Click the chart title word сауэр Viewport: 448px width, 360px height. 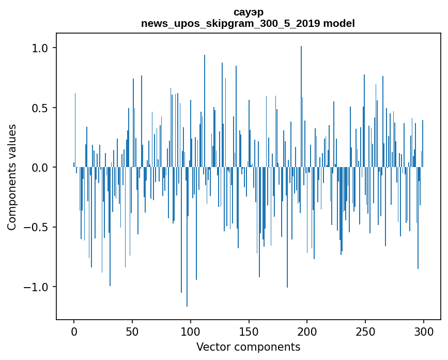coord(248,12)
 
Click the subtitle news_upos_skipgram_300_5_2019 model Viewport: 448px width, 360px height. coord(248,23)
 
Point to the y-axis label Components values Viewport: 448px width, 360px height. coord(12,177)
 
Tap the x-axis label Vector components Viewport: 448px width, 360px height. coord(248,347)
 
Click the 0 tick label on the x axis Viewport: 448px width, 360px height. coord(74,331)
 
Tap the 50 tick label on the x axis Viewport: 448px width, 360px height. coord(132,331)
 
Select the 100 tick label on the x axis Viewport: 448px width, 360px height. coord(191,331)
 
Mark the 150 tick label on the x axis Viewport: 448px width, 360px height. coord(249,331)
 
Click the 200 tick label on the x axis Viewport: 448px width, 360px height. coord(307,331)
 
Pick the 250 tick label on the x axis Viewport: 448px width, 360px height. coord(365,331)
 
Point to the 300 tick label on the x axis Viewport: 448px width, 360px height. coord(424,331)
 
